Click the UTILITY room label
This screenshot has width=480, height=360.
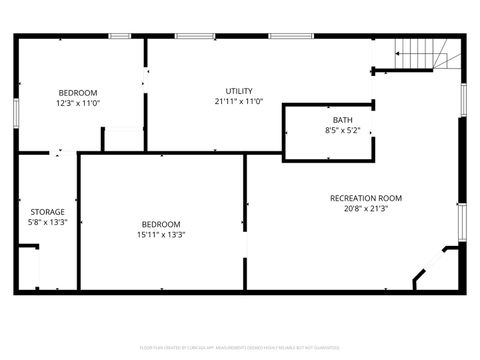[238, 91]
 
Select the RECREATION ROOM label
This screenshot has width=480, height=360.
[365, 198]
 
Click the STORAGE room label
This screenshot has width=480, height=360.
[47, 212]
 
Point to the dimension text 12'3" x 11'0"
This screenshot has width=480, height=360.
[78, 102]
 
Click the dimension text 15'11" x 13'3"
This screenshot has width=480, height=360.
[161, 235]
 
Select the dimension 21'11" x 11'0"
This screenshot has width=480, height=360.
[238, 101]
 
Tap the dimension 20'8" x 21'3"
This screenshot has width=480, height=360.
[365, 209]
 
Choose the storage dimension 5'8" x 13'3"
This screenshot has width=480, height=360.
[47, 223]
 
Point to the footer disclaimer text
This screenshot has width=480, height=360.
[240, 347]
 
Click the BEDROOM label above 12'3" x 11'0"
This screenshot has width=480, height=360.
[78, 92]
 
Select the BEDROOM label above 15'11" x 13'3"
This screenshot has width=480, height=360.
[161, 224]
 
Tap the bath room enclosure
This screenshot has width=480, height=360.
[328, 132]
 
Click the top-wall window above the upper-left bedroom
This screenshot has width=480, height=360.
[120, 36]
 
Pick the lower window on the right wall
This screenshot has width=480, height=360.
[462, 217]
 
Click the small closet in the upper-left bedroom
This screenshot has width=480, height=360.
[122, 140]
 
